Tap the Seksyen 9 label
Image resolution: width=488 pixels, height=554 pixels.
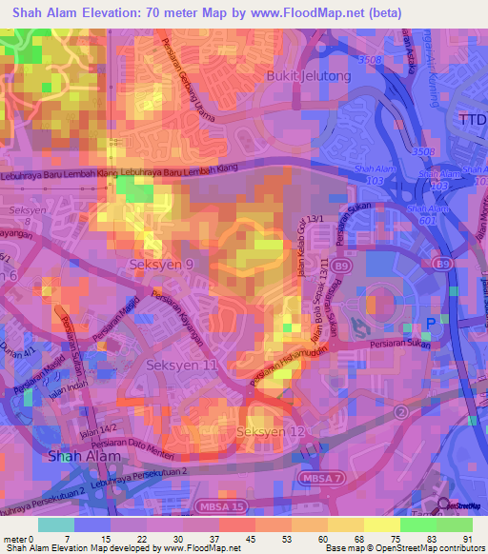[162, 264]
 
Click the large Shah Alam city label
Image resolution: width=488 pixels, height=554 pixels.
[86, 455]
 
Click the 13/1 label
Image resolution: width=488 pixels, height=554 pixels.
[315, 219]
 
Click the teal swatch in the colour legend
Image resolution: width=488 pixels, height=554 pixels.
[56, 524]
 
